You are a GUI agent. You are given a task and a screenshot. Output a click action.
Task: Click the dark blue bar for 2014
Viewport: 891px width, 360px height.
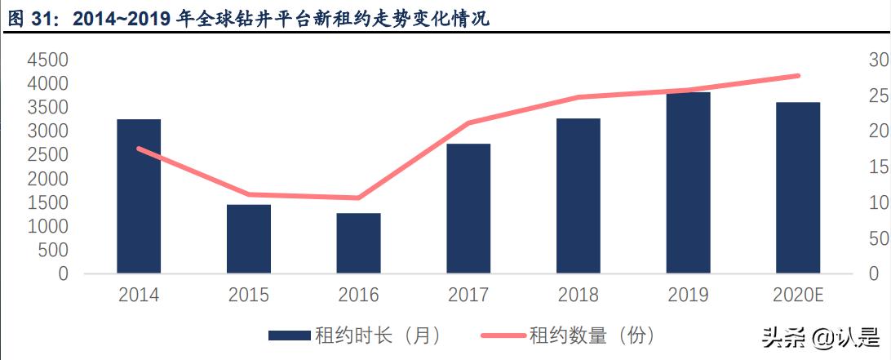point(139,196)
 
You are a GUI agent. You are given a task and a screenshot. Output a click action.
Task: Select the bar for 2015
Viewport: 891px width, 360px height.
point(249,238)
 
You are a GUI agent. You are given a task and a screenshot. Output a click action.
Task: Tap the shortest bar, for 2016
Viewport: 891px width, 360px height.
point(358,243)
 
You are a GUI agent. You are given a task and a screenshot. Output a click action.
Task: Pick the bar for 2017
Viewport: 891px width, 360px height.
point(468,208)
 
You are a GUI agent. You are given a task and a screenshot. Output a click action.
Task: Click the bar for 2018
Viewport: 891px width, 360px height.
point(578,196)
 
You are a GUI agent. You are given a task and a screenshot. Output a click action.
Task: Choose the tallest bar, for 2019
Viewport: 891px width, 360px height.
point(688,183)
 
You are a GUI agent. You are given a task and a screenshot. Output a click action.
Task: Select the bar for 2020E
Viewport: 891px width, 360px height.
point(798,188)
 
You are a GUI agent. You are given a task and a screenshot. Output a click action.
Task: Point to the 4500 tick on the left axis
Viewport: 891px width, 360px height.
point(47,60)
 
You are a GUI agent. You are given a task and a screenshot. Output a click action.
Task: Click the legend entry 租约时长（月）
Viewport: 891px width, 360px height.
point(355,336)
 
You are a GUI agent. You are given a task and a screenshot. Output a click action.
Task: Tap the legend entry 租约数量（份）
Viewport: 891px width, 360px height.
point(568,336)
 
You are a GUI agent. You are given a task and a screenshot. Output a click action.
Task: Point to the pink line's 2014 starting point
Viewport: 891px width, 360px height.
point(139,149)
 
